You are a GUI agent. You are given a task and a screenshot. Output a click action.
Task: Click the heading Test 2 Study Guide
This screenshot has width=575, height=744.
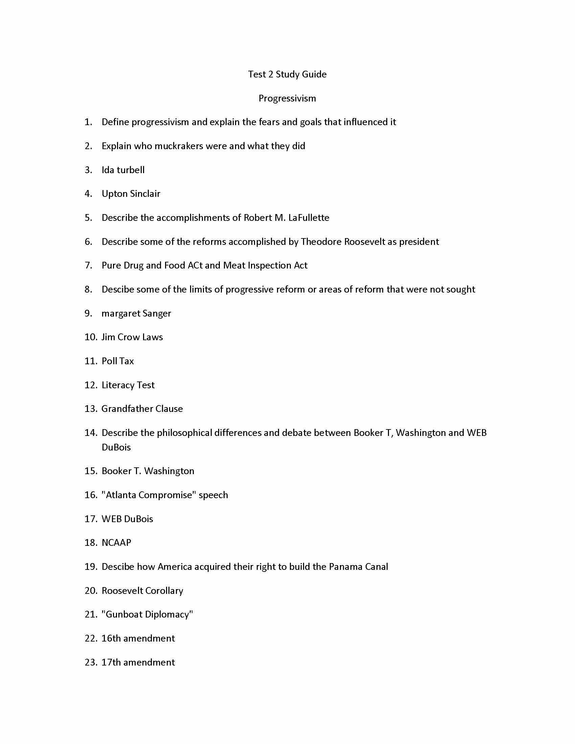(x=287, y=74)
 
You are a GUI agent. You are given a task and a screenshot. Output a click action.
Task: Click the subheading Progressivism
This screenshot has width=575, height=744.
(x=287, y=98)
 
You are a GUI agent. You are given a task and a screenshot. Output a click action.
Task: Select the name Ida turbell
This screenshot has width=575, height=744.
(x=123, y=170)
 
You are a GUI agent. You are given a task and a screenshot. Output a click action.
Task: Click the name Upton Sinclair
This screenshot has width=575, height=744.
(x=131, y=194)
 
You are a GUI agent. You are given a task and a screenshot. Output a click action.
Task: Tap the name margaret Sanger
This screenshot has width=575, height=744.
(x=136, y=313)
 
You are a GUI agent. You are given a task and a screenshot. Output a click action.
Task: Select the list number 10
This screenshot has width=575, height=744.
(x=91, y=337)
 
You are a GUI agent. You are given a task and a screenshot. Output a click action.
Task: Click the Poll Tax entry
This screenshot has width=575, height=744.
(x=117, y=361)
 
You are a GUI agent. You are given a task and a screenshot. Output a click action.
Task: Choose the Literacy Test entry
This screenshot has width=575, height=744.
(x=128, y=385)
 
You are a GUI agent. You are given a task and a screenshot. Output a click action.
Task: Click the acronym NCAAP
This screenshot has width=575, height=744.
(x=116, y=543)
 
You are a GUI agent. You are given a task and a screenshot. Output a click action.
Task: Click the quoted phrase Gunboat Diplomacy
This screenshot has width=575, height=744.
(x=147, y=614)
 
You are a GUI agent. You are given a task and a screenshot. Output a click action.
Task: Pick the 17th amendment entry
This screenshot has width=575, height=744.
(x=138, y=662)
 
